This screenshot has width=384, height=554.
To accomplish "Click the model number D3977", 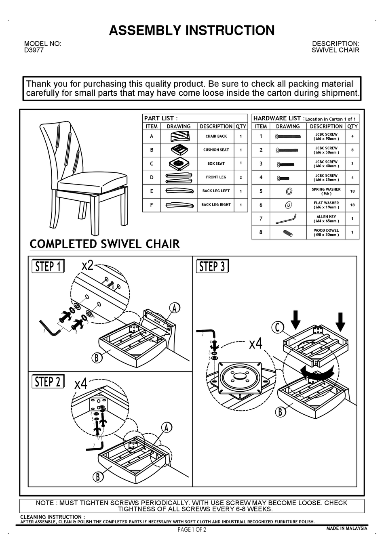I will click(x=34, y=50).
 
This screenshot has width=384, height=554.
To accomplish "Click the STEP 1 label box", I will click(x=48, y=267).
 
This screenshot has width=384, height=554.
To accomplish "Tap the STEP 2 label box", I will click(x=48, y=382).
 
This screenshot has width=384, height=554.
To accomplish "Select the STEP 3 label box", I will click(x=212, y=267).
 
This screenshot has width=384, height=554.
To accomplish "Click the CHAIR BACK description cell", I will click(x=216, y=136).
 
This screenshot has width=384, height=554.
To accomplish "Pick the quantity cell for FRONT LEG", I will click(x=241, y=177).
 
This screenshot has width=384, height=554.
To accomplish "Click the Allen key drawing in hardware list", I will click(x=286, y=219).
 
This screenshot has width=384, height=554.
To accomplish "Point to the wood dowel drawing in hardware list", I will click(x=287, y=233).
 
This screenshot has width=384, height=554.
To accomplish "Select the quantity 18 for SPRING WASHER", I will click(x=352, y=191).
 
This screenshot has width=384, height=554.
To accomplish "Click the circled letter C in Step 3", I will click(x=278, y=327).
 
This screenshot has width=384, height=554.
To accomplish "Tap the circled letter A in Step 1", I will click(x=174, y=308).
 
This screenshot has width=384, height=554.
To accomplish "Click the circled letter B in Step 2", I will click(x=97, y=477).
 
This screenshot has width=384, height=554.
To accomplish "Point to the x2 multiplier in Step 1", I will click(x=87, y=265).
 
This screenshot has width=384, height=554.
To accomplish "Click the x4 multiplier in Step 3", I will click(x=255, y=344).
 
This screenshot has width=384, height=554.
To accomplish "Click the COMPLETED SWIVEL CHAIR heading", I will click(x=105, y=244).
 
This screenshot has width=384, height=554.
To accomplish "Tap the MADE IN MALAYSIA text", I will click(x=346, y=529).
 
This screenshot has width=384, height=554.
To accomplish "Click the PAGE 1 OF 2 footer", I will click(x=192, y=530).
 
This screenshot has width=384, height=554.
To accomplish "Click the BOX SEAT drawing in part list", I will click(x=179, y=164).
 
